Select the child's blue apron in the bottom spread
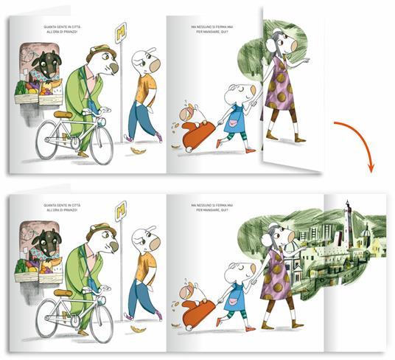pos(235,291)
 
